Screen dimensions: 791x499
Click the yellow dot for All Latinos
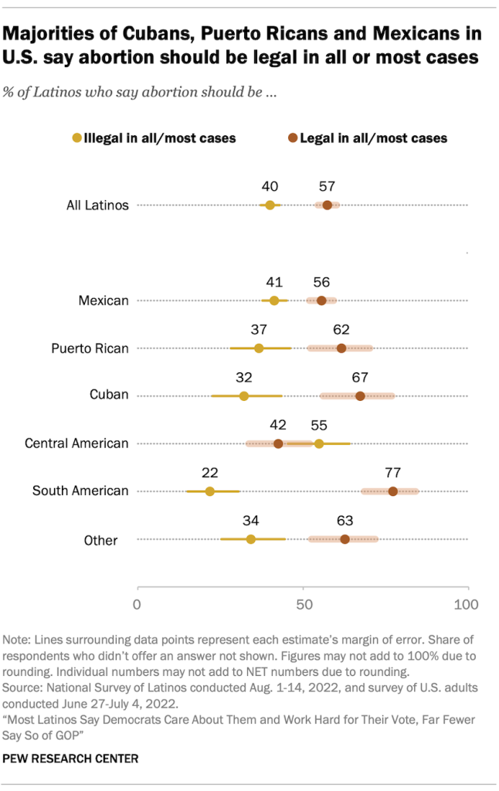(x=270, y=205)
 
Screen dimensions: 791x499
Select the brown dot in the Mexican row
(x=321, y=300)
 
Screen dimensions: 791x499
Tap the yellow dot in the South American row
(x=210, y=491)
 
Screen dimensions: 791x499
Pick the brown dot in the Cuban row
(x=360, y=396)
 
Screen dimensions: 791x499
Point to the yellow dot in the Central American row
(x=319, y=443)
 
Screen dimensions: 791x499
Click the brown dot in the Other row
(x=345, y=539)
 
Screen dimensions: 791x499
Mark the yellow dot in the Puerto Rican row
(x=259, y=348)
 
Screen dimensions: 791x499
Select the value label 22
(x=209, y=473)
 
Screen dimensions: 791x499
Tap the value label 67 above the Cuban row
(x=360, y=378)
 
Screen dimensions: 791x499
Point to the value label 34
(x=250, y=521)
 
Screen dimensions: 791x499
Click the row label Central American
(x=76, y=443)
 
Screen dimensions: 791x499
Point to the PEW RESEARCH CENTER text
(x=71, y=759)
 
